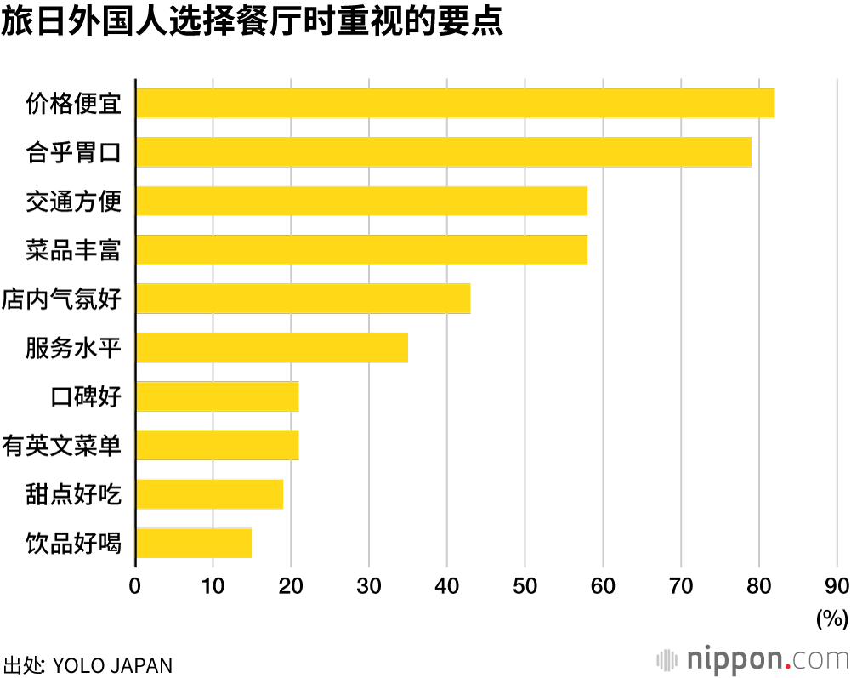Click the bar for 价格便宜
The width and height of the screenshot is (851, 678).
(x=455, y=103)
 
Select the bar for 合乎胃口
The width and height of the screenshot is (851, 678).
(x=443, y=152)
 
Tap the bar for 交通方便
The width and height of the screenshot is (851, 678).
(x=361, y=201)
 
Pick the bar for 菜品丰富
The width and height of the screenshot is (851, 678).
(x=361, y=250)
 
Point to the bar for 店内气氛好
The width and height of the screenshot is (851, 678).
(x=303, y=299)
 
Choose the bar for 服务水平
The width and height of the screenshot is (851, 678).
(x=271, y=348)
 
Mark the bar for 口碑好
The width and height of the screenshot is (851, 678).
(x=217, y=396)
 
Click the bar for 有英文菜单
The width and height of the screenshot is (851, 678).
(x=217, y=445)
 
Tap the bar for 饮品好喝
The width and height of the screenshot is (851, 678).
(x=194, y=543)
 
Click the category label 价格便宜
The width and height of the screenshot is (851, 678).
(x=74, y=104)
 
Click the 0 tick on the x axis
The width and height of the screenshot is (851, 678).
(x=135, y=586)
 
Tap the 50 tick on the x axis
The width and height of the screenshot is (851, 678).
(x=525, y=586)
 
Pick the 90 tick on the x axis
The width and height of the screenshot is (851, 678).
(x=837, y=586)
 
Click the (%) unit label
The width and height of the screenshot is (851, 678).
(x=831, y=618)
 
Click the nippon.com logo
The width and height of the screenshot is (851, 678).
(x=753, y=659)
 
